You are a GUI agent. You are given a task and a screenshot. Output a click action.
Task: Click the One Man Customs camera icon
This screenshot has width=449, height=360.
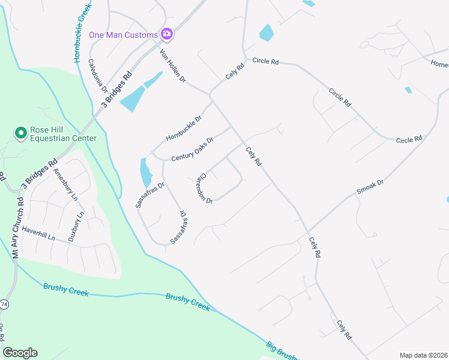pyautogui.click(x=167, y=34)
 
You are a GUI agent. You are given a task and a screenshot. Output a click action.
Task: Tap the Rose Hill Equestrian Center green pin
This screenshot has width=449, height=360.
pyautogui.click(x=20, y=133)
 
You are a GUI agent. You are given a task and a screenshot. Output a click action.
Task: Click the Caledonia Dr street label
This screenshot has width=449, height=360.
pyautogui.click(x=97, y=75)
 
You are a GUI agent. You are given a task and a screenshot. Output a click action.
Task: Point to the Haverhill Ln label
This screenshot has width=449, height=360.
pyautogui.click(x=38, y=233)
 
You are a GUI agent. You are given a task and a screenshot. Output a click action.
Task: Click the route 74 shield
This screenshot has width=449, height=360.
pyautogui.click(x=4, y=304)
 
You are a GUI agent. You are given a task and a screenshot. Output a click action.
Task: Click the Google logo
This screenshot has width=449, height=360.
pyautogui.click(x=20, y=353)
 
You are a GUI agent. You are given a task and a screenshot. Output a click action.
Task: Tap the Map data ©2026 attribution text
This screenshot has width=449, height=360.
pyautogui.click(x=423, y=355)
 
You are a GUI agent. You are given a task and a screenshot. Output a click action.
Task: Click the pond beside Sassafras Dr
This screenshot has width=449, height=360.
pyautogui.click(x=146, y=173)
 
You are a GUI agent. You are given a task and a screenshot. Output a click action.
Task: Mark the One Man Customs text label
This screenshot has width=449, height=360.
pyautogui.click(x=124, y=35)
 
